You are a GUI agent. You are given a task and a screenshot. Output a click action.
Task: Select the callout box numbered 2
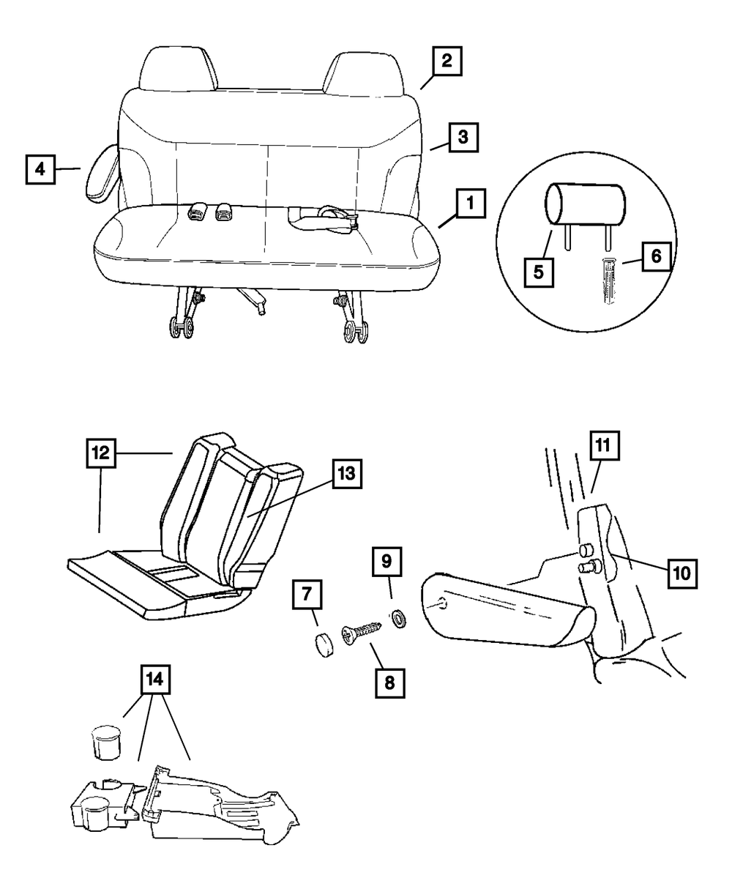[x=446, y=62]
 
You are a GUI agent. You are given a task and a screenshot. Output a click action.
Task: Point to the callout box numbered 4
[x=40, y=169]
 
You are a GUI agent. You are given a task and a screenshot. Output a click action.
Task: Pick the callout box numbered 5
[x=538, y=272]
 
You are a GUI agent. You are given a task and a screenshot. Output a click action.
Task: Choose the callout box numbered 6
[x=655, y=256]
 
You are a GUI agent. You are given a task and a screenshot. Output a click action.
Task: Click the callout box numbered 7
[x=307, y=597]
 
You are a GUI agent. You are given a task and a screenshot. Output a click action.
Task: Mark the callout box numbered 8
[x=389, y=682]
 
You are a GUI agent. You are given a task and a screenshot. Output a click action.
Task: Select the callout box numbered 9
[x=387, y=562]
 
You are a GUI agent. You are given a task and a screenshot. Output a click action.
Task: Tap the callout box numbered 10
[x=681, y=572]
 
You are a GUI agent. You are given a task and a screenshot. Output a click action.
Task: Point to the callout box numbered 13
[x=346, y=475]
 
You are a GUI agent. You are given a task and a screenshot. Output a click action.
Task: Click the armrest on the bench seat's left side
[x=102, y=173]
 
